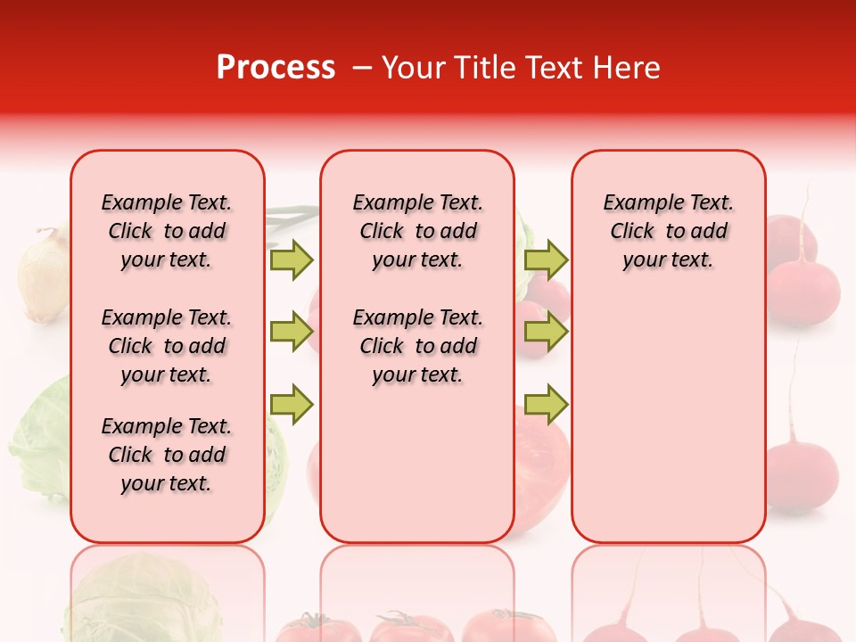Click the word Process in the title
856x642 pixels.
pyautogui.click(x=276, y=68)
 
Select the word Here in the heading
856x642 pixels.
pyautogui.click(x=628, y=68)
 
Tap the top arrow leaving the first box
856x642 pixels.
pyautogui.click(x=292, y=259)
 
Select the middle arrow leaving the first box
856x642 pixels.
pyautogui.click(x=292, y=332)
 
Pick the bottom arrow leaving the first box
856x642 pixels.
pyautogui.click(x=292, y=404)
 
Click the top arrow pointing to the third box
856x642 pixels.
pyautogui.click(x=546, y=259)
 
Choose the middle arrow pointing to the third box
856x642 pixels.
pyautogui.click(x=546, y=332)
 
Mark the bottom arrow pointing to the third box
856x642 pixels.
pyautogui.click(x=546, y=404)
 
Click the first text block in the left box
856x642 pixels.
pyautogui.click(x=167, y=231)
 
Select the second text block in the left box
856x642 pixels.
pyautogui.click(x=167, y=346)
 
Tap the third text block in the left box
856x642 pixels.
pyautogui.click(x=167, y=455)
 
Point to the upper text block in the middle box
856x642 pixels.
pyautogui.click(x=417, y=231)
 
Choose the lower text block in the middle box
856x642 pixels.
pyautogui.click(x=417, y=346)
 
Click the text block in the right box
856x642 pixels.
pyautogui.click(x=668, y=231)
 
